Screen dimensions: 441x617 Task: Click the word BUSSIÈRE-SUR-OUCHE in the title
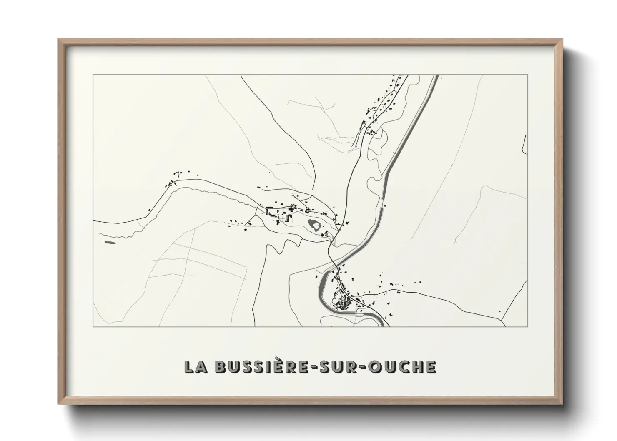coord(325,367)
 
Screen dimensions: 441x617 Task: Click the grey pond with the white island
coord(314,226)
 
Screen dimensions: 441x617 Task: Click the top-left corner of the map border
coord(93,75)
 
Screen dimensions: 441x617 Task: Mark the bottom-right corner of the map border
coord(528,326)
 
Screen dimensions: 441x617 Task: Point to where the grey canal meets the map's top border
coord(436,75)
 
